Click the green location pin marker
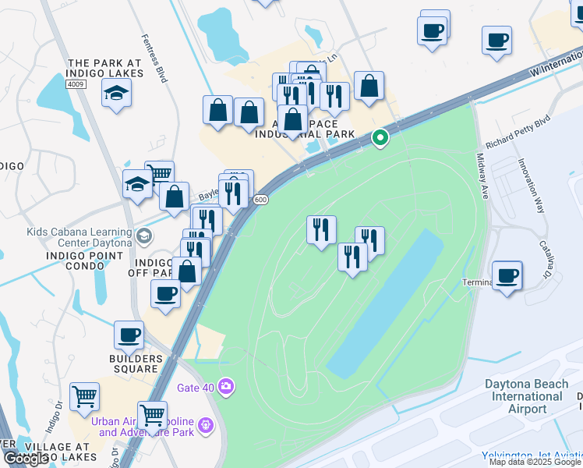[x=380, y=138]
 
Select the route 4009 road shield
[x=76, y=84]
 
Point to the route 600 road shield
[x=261, y=200]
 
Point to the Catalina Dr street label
[x=545, y=258]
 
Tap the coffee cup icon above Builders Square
[x=129, y=335]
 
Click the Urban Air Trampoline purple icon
[x=205, y=426]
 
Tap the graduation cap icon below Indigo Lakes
[x=116, y=94]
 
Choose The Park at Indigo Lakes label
[x=105, y=68]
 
